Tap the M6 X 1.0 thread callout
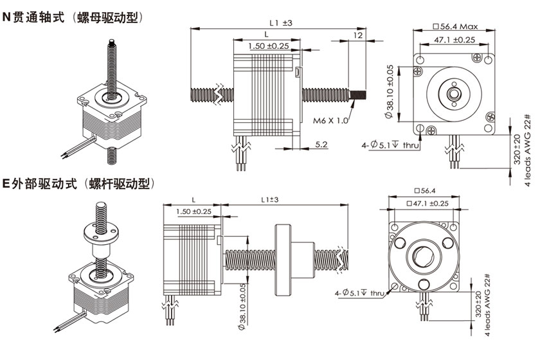330,120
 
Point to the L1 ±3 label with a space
280,22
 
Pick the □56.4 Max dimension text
457,26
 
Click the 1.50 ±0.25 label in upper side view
268,46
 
